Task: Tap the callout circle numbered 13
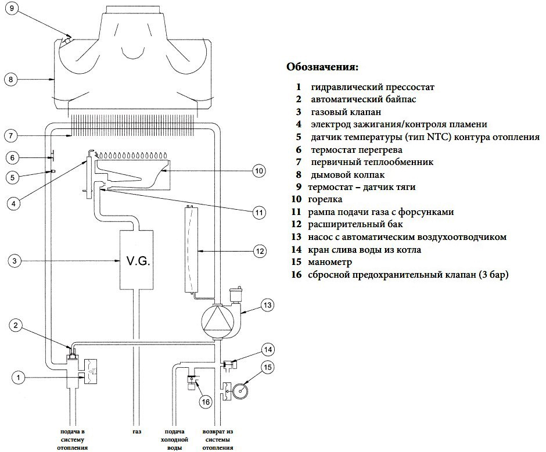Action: coord(267,304)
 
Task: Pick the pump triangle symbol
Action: coord(216,320)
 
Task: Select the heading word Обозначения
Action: coord(322,66)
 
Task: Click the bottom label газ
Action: coord(136,433)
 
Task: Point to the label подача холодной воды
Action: coord(175,440)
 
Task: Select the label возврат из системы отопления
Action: coord(218,440)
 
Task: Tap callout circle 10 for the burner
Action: coord(259,171)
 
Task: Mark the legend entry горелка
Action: coord(331,199)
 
